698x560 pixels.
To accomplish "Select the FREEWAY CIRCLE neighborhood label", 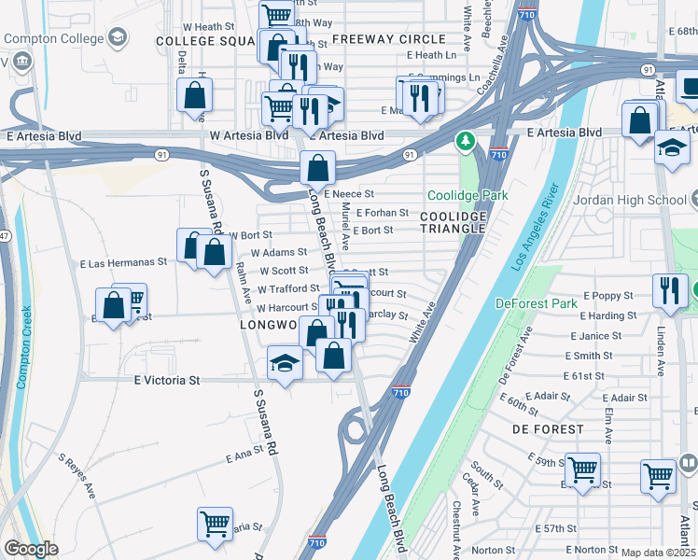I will click(388, 39).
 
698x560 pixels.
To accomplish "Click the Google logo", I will click(31, 549).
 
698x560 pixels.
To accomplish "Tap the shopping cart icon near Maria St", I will click(215, 523).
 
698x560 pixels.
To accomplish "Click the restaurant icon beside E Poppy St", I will click(671, 289).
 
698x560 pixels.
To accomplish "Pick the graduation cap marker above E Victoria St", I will click(285, 363).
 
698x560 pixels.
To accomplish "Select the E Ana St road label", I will click(244, 456).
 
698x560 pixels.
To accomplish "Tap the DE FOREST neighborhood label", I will click(548, 429).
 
